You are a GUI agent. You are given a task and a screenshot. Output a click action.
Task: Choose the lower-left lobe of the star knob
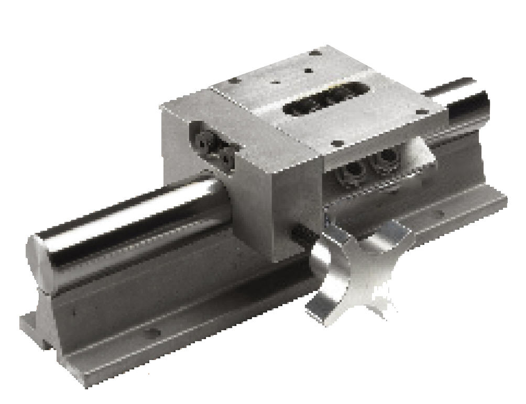[320, 309]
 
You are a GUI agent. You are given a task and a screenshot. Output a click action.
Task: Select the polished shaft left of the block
[131, 225]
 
